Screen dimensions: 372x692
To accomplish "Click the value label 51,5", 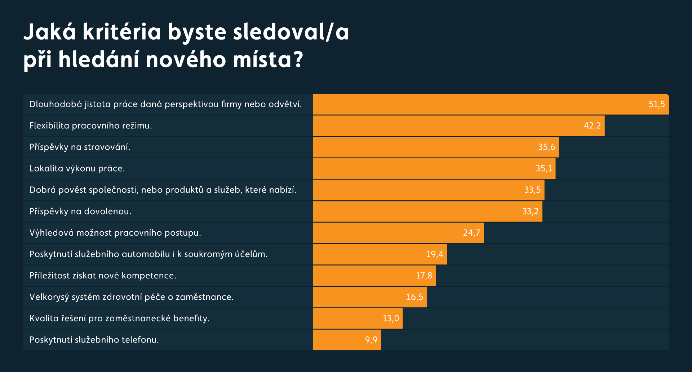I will click(656, 104).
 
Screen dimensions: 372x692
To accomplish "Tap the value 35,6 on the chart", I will click(546, 147).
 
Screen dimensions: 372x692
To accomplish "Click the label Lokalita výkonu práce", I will click(77, 168).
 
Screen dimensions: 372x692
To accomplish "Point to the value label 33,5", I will click(532, 190).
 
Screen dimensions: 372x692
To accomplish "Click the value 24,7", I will click(471, 233).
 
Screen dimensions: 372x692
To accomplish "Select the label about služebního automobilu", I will click(148, 254).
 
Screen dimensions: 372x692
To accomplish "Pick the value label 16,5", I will click(414, 297).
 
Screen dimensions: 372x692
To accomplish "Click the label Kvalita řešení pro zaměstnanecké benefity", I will click(119, 318).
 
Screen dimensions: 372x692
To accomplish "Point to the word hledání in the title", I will click(99, 59).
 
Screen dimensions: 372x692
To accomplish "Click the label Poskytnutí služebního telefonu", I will click(94, 340).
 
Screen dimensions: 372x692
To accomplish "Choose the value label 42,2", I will click(592, 126).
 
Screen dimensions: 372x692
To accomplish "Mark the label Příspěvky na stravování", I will click(80, 147).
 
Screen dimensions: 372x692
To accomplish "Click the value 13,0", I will click(391, 318).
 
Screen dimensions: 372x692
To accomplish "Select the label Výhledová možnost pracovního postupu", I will click(115, 233).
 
